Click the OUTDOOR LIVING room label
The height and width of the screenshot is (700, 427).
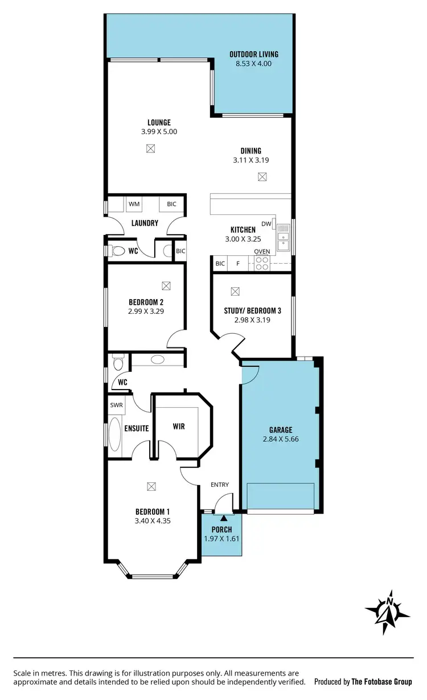[x=253, y=55]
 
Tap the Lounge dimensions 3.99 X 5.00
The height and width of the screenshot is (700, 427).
[x=159, y=131]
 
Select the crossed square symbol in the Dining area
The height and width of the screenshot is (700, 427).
[x=262, y=177]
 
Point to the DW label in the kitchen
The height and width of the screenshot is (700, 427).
[x=266, y=223]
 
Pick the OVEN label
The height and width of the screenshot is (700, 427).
[x=262, y=252]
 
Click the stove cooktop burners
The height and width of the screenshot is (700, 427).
[x=262, y=263]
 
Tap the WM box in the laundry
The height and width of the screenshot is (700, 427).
[x=134, y=204]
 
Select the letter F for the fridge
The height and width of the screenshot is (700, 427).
[x=238, y=264]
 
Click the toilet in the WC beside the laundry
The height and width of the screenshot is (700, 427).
[x=118, y=251]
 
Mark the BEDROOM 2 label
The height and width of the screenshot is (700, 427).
[x=146, y=302]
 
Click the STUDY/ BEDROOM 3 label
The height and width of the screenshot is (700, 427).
[x=252, y=311]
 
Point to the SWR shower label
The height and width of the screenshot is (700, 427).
[x=117, y=405]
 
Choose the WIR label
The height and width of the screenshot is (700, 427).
[x=179, y=426]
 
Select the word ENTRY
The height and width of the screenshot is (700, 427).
[x=220, y=484]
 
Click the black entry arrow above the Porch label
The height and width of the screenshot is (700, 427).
[x=223, y=518]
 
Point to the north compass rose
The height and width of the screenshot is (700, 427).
[x=388, y=612]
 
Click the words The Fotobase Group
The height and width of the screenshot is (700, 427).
[x=381, y=681]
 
